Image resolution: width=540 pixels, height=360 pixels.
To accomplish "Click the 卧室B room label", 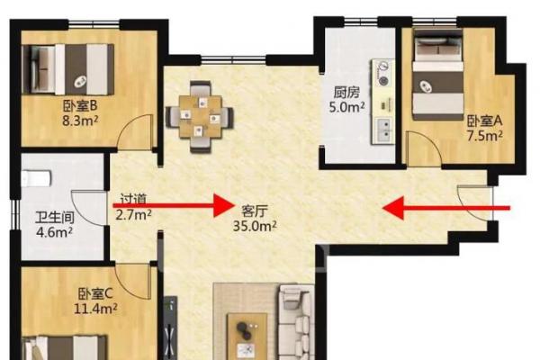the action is [80, 106].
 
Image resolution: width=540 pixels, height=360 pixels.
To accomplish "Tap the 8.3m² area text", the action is [80, 121].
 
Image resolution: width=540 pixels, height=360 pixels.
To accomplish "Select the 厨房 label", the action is [346, 93].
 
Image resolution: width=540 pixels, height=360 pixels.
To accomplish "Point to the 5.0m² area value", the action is [346, 107].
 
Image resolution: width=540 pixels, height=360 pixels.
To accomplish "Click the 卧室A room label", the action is [484, 121].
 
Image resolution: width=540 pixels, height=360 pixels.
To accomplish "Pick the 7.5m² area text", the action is [484, 136].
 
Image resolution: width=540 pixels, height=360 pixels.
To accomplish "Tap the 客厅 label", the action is [255, 211].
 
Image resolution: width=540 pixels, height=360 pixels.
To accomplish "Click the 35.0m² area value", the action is [255, 226].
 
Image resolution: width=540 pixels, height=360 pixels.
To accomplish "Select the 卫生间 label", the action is [55, 218].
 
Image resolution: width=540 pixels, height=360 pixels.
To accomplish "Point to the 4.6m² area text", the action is [54, 232].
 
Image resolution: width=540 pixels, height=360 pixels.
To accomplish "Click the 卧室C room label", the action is [95, 294].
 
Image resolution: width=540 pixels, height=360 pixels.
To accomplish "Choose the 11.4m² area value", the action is [95, 309].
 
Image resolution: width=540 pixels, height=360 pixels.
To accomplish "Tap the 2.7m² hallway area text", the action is [133, 214].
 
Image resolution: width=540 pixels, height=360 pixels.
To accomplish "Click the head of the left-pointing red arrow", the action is [392, 208].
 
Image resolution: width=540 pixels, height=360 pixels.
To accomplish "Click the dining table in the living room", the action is [200, 117].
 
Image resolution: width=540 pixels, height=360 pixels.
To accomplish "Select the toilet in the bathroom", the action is [36, 179].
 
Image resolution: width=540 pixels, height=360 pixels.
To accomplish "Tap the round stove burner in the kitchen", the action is [383, 81].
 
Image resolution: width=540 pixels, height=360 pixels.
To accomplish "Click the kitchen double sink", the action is [383, 130].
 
